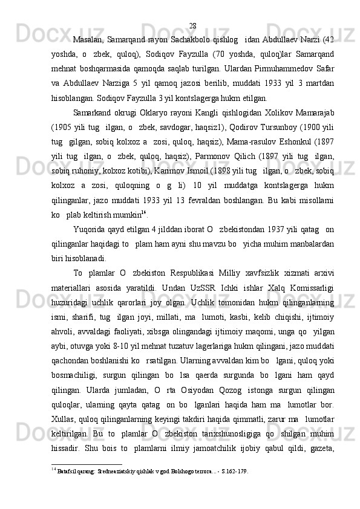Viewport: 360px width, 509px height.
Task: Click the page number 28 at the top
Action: [x=192, y=8]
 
